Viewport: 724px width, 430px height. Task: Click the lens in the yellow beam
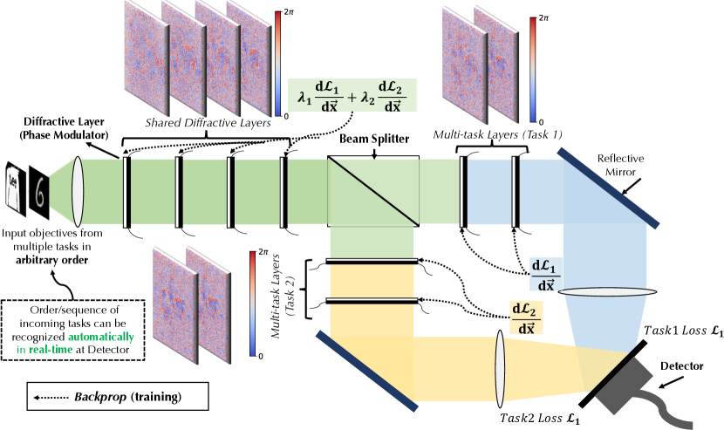coord(502,365)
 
